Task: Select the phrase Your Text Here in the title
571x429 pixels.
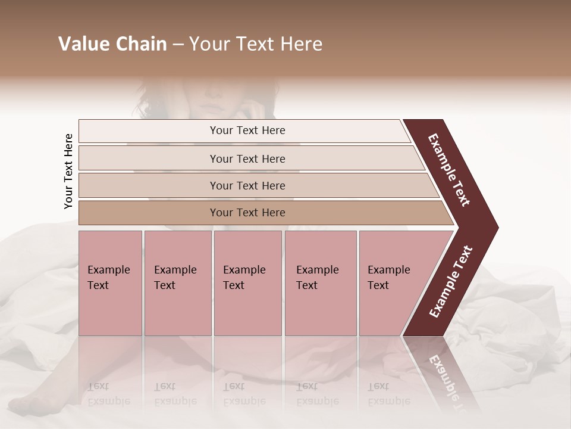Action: (x=256, y=44)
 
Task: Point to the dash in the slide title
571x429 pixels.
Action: (x=178, y=45)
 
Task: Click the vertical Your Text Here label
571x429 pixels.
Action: (x=68, y=171)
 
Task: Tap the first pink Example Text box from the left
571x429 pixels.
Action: (x=110, y=283)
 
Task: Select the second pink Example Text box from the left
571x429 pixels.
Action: (x=177, y=283)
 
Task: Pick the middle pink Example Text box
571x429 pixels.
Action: (x=247, y=283)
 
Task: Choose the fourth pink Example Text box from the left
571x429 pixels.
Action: (x=320, y=283)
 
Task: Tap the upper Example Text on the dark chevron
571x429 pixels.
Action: (x=449, y=170)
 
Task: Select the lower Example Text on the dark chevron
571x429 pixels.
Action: (x=451, y=282)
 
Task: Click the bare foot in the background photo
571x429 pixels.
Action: (x=36, y=393)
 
